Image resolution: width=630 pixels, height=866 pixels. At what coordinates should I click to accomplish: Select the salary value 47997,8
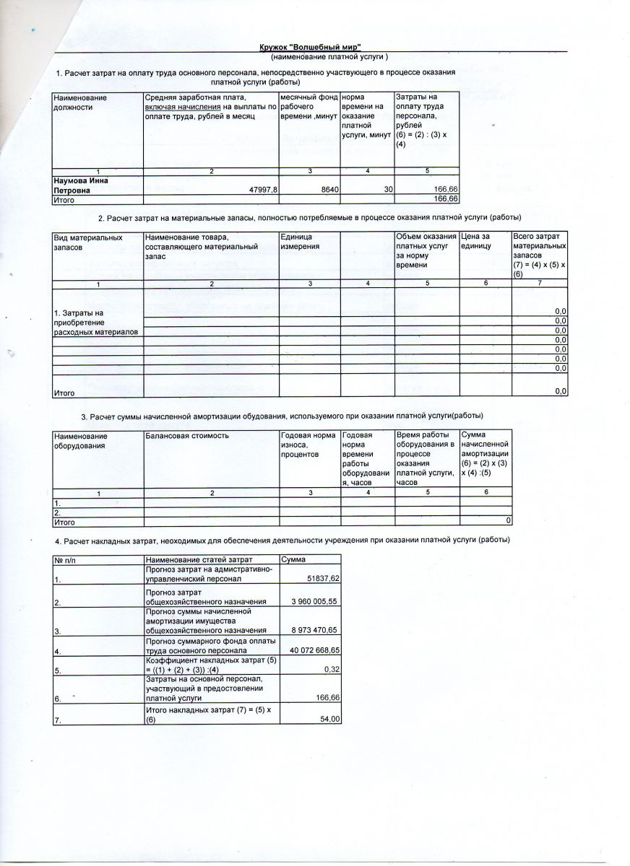click(x=263, y=189)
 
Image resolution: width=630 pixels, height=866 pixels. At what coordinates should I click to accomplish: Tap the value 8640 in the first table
click(x=329, y=189)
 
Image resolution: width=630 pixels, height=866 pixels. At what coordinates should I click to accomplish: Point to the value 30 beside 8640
click(x=388, y=189)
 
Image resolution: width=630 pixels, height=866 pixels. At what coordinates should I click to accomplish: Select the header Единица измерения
click(x=295, y=242)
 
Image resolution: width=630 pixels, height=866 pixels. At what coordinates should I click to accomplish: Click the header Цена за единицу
click(x=476, y=242)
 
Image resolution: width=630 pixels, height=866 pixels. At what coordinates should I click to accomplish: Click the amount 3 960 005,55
click(x=315, y=602)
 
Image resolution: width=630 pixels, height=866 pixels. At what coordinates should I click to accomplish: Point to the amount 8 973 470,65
click(x=315, y=630)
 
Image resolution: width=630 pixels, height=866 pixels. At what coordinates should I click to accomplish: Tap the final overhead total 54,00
click(x=329, y=720)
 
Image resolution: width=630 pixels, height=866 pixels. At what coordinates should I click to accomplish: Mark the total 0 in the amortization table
click(x=509, y=521)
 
